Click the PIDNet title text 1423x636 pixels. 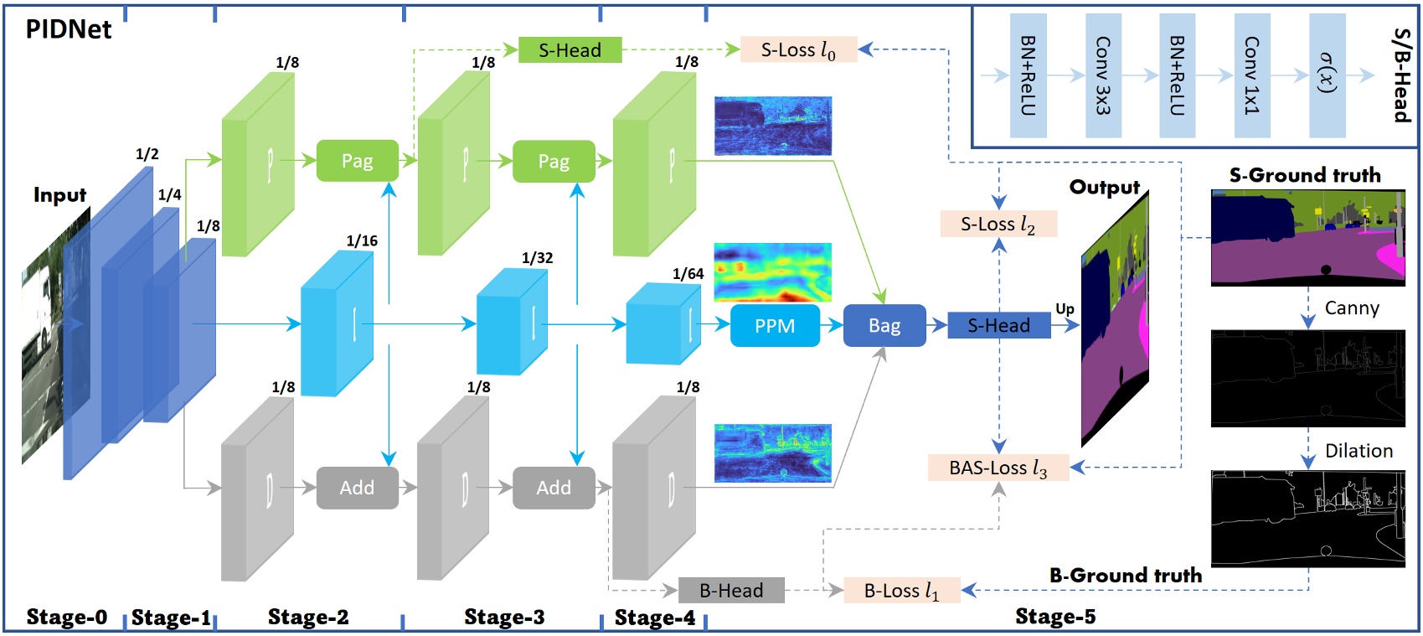coord(69,29)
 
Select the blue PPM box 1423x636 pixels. coord(775,326)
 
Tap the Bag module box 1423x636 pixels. coord(884,326)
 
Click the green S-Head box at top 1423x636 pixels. coord(570,50)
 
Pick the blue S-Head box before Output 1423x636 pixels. coord(998,326)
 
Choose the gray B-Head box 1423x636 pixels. coord(730,591)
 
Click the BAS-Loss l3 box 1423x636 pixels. coord(998,468)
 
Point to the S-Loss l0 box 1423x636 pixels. coord(798,50)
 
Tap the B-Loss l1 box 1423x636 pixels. coord(901,591)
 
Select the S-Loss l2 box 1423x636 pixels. coord(998,224)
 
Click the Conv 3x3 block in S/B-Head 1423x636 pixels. coord(1103,75)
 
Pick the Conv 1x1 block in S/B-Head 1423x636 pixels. coord(1251,75)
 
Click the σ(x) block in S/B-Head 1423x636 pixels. coord(1327,75)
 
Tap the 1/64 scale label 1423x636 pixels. coord(688,274)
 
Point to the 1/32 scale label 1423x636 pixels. coord(537,258)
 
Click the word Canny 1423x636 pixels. coord(1351,308)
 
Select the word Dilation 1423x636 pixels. coord(1358,451)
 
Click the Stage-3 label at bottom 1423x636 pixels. coord(504,618)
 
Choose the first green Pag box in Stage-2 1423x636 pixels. coord(357,161)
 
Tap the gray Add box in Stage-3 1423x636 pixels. coord(553,488)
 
